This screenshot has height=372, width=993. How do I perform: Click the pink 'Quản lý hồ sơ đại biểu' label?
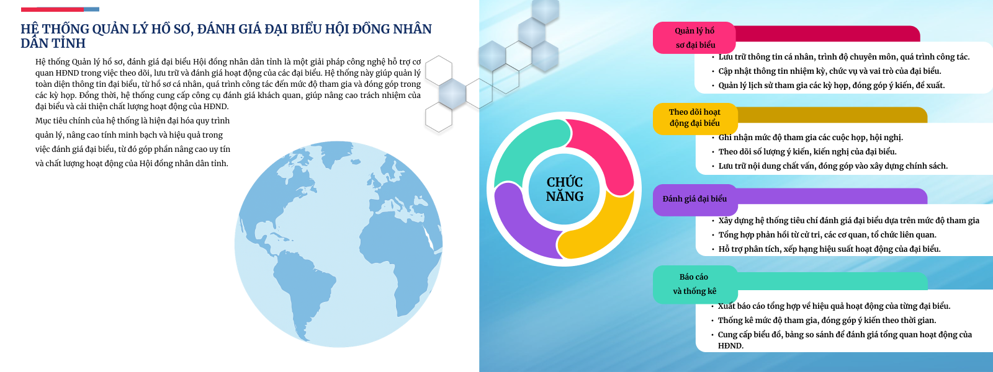tap(694, 38)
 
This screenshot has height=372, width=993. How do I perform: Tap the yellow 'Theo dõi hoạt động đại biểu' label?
tap(694, 118)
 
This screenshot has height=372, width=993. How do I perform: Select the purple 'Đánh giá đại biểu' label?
tap(694, 199)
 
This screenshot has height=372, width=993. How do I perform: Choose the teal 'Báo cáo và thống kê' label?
tap(694, 284)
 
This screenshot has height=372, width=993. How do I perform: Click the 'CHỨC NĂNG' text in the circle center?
tap(564, 189)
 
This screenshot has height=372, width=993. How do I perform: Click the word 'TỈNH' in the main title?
tap(69, 43)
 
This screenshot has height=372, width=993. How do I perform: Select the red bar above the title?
tap(52, 9)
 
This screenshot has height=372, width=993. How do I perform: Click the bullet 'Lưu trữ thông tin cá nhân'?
tap(843, 57)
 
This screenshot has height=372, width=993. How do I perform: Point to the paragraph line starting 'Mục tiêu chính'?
tap(133, 121)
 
